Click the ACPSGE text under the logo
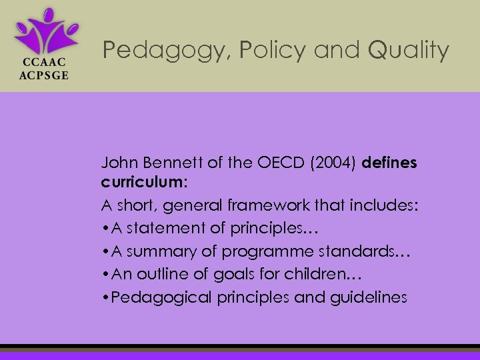[x=45, y=75]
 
